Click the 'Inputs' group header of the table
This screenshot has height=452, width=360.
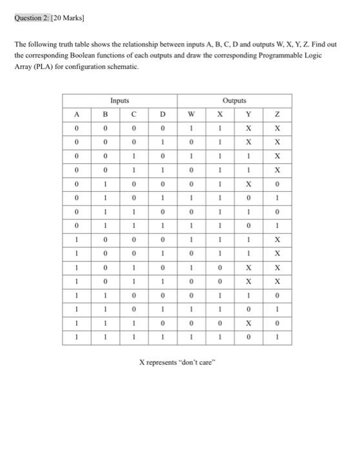click(119, 101)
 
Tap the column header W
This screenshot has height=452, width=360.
click(192, 115)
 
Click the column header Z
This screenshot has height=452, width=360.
click(277, 115)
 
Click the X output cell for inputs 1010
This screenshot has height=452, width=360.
click(220, 267)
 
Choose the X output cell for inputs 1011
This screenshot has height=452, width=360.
click(220, 282)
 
